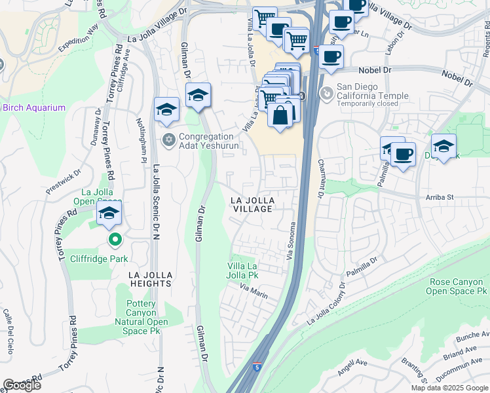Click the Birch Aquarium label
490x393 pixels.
(x=34, y=108)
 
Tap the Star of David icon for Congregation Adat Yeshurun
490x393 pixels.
(x=168, y=139)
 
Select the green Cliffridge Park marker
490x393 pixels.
(x=115, y=240)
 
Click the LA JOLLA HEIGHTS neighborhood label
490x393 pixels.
(x=140, y=279)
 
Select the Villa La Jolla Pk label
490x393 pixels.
(x=242, y=271)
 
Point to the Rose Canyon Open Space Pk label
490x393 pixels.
(x=457, y=286)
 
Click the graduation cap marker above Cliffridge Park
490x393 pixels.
(x=109, y=213)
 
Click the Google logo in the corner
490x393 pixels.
(x=22, y=385)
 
